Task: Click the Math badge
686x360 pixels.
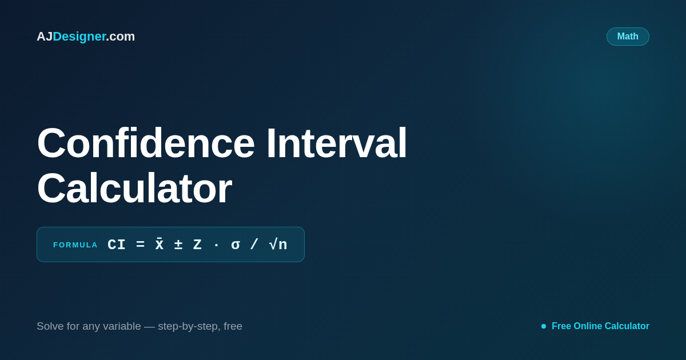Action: coord(628,37)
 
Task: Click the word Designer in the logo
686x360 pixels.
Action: coord(79,37)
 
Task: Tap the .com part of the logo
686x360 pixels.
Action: coord(121,37)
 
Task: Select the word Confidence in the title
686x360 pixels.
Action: coord(146,143)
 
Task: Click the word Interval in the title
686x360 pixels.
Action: coord(337,143)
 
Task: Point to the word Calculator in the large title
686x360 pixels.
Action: coord(134,188)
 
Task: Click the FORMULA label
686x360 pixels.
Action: coord(75,245)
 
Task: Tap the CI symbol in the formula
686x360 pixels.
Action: coord(117,245)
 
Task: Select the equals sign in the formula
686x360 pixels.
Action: coord(140,245)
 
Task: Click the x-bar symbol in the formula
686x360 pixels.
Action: coord(159,244)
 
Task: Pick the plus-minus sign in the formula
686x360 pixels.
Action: coord(178,245)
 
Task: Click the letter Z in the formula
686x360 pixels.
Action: coord(197,245)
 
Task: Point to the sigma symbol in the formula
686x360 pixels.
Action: coord(235,245)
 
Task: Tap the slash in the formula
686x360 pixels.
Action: coord(254,245)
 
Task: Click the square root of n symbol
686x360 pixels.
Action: coord(278,245)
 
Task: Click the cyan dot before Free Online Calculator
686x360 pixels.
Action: coord(544,326)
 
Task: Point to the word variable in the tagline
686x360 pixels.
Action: coord(122,326)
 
